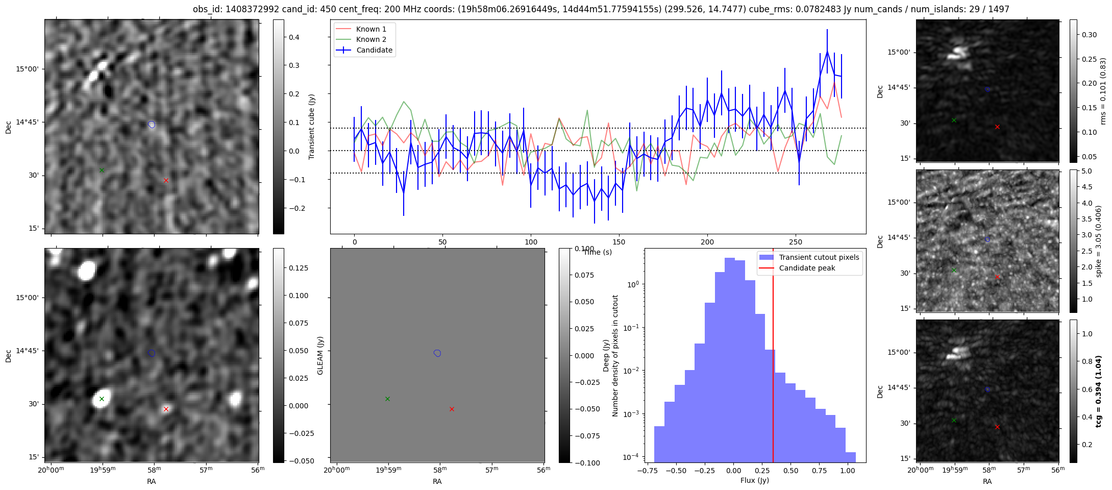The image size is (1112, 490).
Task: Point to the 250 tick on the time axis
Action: click(x=796, y=242)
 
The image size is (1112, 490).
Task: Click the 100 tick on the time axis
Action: click(x=531, y=242)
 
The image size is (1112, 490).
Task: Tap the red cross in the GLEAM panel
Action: click(x=452, y=409)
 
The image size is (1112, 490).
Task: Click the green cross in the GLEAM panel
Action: click(x=387, y=399)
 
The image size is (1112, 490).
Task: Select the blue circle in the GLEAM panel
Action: click(x=437, y=353)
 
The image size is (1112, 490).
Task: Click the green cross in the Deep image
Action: click(x=102, y=399)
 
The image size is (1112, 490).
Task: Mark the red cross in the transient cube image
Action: click(x=166, y=180)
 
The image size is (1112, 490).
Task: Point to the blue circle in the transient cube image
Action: click(x=152, y=125)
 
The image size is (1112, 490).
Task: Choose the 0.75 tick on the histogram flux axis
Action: click(x=790, y=471)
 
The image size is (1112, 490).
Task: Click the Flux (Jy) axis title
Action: click(x=755, y=480)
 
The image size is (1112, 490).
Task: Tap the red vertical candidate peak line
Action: click(x=773, y=357)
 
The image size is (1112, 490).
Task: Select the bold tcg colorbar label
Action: click(x=1099, y=391)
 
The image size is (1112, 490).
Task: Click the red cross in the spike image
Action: click(x=997, y=277)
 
